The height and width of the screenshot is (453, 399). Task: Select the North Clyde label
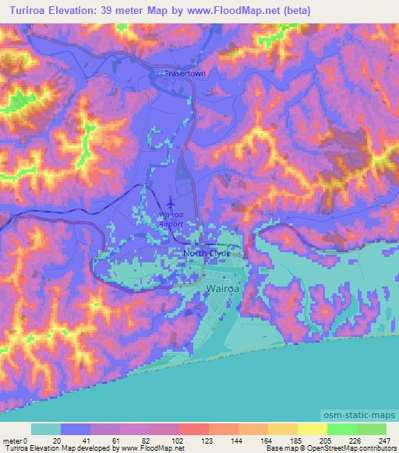click(207, 254)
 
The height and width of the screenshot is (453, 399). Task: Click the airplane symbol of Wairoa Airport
click(171, 208)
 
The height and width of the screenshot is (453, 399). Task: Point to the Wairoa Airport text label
click(171, 219)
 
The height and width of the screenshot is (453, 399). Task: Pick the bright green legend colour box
click(341, 429)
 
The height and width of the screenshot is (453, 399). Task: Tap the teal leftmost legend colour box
click(45, 429)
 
